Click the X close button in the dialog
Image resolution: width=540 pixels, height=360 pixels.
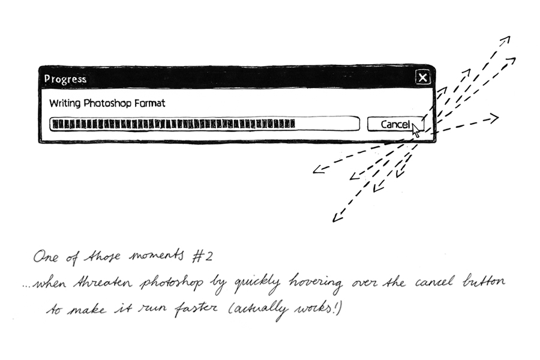[x=423, y=77]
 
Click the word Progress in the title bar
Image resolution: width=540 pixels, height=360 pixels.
[x=65, y=79]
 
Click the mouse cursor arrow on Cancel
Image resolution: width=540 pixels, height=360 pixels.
[x=416, y=128]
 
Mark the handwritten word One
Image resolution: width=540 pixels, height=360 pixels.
[x=47, y=257]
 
